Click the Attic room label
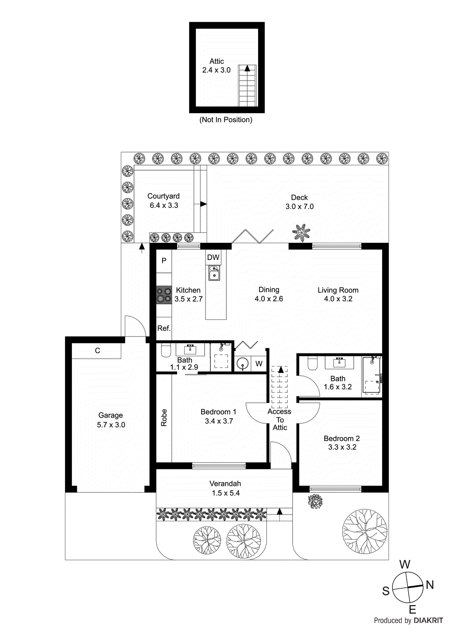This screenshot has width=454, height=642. tap(216, 61)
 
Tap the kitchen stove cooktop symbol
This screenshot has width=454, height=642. tap(164, 295)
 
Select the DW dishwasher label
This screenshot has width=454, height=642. tap(213, 258)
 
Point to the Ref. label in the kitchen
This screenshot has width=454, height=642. tap(164, 328)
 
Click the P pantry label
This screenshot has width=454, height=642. tap(164, 260)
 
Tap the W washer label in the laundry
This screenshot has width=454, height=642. tap(259, 364)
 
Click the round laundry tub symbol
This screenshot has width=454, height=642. tap(242, 364)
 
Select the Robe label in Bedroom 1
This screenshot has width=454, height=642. tap(164, 417)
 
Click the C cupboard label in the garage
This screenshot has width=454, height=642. tap(98, 351)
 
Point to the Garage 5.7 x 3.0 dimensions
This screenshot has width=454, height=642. tap(111, 425)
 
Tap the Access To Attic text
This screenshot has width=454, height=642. tap(280, 420)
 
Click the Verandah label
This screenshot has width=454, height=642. tap(225, 484)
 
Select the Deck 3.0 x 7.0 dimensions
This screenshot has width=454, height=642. tap(299, 207)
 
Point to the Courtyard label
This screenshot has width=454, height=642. tap(163, 196)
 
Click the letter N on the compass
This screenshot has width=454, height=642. tap(430, 585)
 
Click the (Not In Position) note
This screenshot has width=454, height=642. tap(226, 120)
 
